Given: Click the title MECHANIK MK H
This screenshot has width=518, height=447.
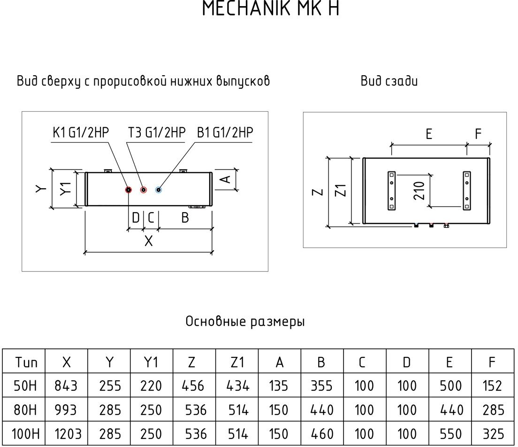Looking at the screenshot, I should click(x=270, y=9).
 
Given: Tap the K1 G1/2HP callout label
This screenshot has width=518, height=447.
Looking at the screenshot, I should click(x=80, y=133).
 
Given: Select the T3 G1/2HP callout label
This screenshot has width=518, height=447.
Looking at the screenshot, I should click(x=157, y=133).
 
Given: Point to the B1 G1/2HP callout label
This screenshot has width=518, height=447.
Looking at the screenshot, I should click(x=225, y=133).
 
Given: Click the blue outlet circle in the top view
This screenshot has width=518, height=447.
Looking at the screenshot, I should click(x=159, y=190).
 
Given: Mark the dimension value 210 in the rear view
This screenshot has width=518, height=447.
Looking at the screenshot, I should click(x=419, y=191).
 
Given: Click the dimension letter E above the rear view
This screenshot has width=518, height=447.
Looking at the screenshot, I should click(x=429, y=134).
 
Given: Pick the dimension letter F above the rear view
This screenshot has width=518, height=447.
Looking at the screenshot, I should click(x=478, y=134).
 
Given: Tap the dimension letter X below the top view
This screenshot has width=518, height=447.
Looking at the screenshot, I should click(x=148, y=241).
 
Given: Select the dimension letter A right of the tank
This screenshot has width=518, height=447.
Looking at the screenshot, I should click(x=225, y=178).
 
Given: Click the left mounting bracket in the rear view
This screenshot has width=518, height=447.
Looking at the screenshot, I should click(x=391, y=191).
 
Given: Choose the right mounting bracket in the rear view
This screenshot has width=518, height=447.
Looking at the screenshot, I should click(x=466, y=191).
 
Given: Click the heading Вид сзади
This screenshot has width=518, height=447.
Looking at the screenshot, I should click(x=389, y=81).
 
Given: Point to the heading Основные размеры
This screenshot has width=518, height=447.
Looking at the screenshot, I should click(x=245, y=322).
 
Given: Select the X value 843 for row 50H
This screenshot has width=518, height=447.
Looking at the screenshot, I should click(x=66, y=386).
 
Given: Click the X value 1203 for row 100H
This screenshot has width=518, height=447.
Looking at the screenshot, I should click(x=66, y=433).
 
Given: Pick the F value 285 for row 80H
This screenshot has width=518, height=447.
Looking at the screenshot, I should click(x=492, y=410).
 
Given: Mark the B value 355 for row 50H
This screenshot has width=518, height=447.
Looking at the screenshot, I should click(x=321, y=386).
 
